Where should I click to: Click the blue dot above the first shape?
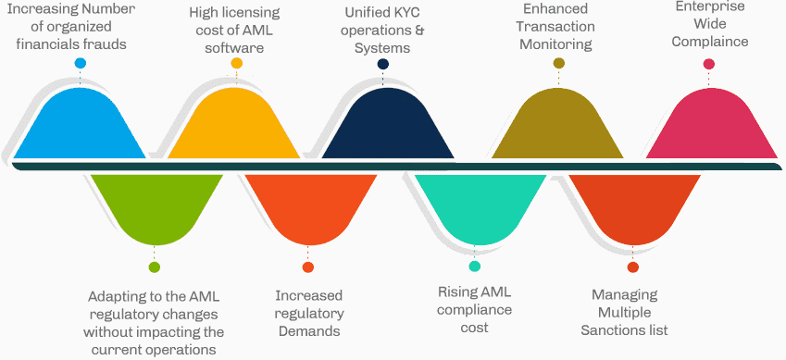tap(81, 63)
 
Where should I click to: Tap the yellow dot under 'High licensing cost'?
tap(237, 63)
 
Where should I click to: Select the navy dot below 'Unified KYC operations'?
tap(382, 64)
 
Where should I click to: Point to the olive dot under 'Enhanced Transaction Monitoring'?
tap(559, 63)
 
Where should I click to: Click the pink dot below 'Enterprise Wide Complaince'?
tap(709, 64)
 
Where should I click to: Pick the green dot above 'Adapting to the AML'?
tap(154, 267)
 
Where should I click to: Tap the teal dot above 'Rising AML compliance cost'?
tap(475, 267)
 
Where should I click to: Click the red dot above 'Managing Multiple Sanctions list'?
tap(632, 267)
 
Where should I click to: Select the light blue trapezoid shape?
tap(81, 125)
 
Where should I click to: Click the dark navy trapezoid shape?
tap(382, 125)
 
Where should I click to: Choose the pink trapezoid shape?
tap(709, 125)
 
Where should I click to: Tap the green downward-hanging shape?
tap(154, 204)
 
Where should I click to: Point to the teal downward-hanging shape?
tap(475, 204)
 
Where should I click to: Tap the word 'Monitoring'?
tap(555, 43)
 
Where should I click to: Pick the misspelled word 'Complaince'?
tap(710, 42)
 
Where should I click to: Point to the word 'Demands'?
tap(309, 331)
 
